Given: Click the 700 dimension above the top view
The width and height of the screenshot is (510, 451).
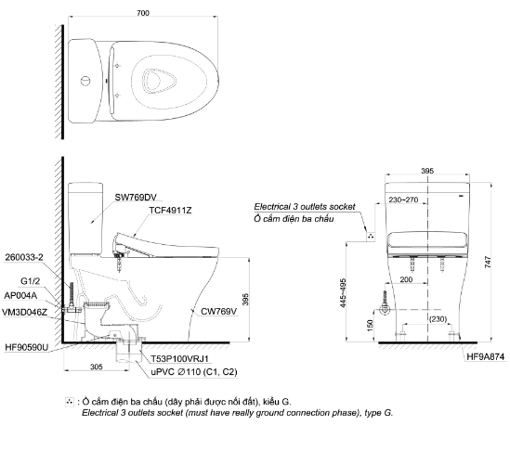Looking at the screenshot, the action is pyautogui.click(x=143, y=13).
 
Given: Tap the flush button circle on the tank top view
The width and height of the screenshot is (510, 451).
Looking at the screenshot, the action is pyautogui.click(x=85, y=81).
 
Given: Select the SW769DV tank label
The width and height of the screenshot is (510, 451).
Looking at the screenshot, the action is pyautogui.click(x=136, y=198).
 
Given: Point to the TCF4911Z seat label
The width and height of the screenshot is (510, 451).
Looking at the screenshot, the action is pyautogui.click(x=170, y=211).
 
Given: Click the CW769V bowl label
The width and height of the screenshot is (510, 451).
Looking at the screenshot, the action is pyautogui.click(x=219, y=312).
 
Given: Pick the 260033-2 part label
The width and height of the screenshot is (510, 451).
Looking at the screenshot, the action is pyautogui.click(x=24, y=257).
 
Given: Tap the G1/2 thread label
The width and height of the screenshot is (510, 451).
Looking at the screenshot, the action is pyautogui.click(x=31, y=281).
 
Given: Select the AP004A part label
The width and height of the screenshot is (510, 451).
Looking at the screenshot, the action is pyautogui.click(x=20, y=296).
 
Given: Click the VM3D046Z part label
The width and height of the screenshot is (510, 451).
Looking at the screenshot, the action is pyautogui.click(x=25, y=313).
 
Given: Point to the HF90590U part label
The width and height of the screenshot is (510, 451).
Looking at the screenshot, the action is pyautogui.click(x=27, y=347).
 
